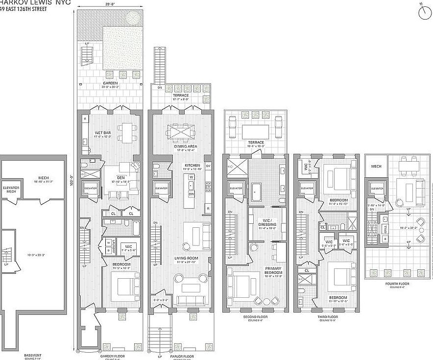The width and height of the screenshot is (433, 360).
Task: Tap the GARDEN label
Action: click(110, 83)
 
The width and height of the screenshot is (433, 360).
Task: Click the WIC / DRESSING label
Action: click(267, 222)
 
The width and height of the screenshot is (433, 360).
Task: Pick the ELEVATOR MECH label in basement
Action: click(11, 189)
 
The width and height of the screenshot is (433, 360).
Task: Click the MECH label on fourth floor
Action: click(376, 167)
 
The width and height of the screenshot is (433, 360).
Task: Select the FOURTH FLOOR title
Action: click(397, 284)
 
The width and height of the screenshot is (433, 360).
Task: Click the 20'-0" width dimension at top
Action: click(110, 3)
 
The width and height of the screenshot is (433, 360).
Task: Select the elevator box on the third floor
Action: click(307, 188)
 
